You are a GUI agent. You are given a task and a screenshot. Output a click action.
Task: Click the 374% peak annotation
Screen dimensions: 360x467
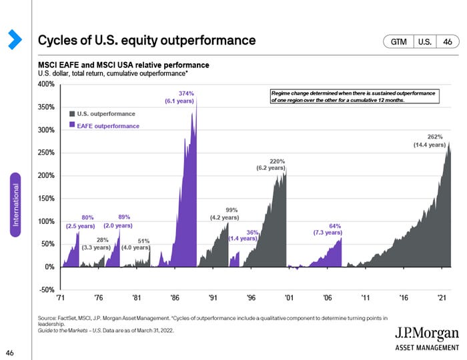187,93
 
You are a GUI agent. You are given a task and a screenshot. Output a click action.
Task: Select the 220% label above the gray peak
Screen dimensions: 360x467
277,161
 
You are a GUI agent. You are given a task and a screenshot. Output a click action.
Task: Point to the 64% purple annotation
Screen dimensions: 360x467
335,226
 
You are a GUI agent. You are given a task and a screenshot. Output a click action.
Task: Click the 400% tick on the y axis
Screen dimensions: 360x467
46,85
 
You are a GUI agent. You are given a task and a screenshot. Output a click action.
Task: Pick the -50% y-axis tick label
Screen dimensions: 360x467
46,290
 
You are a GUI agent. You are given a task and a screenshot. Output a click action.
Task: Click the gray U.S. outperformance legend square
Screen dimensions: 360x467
72,114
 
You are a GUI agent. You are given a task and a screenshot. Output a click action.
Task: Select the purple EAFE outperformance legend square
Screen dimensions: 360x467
72,125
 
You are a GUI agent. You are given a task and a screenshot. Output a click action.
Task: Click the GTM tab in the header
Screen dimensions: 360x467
398,41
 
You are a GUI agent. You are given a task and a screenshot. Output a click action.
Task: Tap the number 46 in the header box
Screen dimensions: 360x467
448,41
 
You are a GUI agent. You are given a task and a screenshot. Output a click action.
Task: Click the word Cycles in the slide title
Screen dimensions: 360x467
57,40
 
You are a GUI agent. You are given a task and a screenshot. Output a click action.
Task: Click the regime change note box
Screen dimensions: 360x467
353,97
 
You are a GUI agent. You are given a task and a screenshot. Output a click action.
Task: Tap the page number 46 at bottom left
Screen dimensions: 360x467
10,351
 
